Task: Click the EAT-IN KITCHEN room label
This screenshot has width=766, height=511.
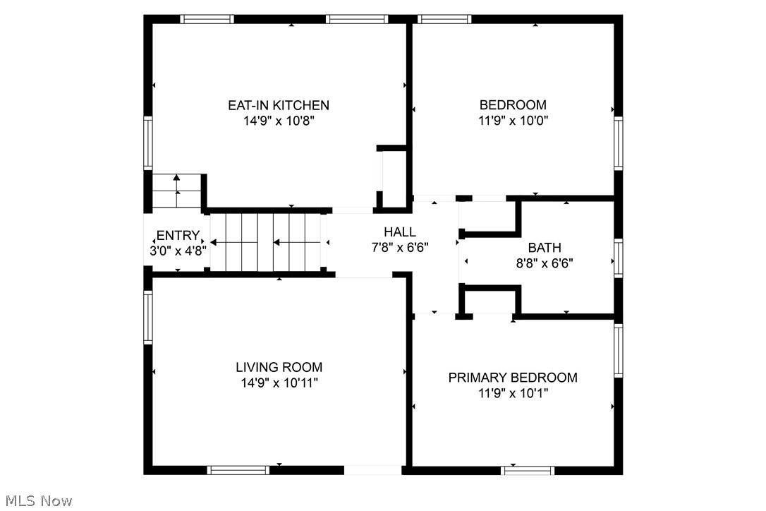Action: [278, 106]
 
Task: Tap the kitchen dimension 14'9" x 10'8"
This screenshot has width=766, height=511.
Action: [278, 121]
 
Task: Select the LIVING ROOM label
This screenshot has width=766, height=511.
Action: [279, 367]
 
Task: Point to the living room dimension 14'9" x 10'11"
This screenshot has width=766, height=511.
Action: [279, 383]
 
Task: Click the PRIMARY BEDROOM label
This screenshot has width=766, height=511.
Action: [513, 378]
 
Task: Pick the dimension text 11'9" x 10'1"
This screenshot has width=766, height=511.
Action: [513, 393]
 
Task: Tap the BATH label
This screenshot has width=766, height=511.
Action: [545, 248]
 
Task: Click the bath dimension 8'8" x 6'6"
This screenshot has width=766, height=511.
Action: [545, 263]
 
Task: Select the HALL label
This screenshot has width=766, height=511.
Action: [399, 232]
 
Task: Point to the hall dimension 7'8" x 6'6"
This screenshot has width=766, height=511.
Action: [399, 247]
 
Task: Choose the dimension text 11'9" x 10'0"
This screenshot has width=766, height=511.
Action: [513, 121]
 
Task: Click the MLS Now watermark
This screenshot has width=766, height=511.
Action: [37, 501]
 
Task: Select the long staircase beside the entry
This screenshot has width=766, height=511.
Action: [266, 242]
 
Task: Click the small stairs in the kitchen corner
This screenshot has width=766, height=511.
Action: [177, 191]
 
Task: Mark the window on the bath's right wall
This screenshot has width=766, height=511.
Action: [619, 258]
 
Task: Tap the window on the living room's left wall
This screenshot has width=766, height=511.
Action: [148, 318]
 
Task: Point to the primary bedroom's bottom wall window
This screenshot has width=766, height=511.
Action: [528, 470]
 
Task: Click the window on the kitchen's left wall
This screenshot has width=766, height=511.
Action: [148, 143]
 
